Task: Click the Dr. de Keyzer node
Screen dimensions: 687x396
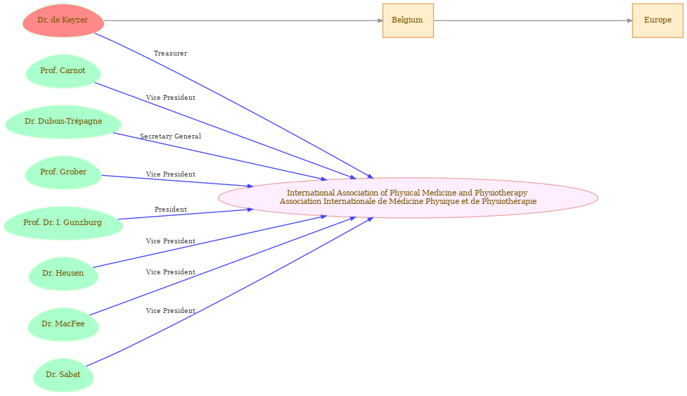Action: pos(63,20)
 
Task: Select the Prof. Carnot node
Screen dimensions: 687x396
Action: pos(63,71)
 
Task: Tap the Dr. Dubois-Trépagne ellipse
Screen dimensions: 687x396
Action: pos(63,122)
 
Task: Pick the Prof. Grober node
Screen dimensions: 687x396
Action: pos(63,172)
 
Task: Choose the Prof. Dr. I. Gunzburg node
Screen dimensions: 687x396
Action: pos(63,223)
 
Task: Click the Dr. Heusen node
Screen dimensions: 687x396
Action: pos(63,274)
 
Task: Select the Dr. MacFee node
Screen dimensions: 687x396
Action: pos(63,324)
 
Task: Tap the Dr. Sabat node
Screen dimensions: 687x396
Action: pos(63,375)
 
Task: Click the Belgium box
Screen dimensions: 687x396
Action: pos(408,20)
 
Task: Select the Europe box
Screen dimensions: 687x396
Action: pos(657,20)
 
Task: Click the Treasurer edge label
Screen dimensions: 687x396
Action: pos(170,53)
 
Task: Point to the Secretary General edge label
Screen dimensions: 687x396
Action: pos(170,136)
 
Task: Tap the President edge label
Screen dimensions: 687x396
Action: pos(170,210)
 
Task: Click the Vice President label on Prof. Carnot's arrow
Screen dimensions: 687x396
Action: pos(170,98)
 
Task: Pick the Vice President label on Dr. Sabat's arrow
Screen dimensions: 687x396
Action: pos(170,311)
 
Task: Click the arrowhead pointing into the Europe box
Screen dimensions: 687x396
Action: pos(629,20)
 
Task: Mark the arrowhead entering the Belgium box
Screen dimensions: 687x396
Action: pos(380,20)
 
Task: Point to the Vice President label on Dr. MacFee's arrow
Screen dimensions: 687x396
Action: pos(170,272)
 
